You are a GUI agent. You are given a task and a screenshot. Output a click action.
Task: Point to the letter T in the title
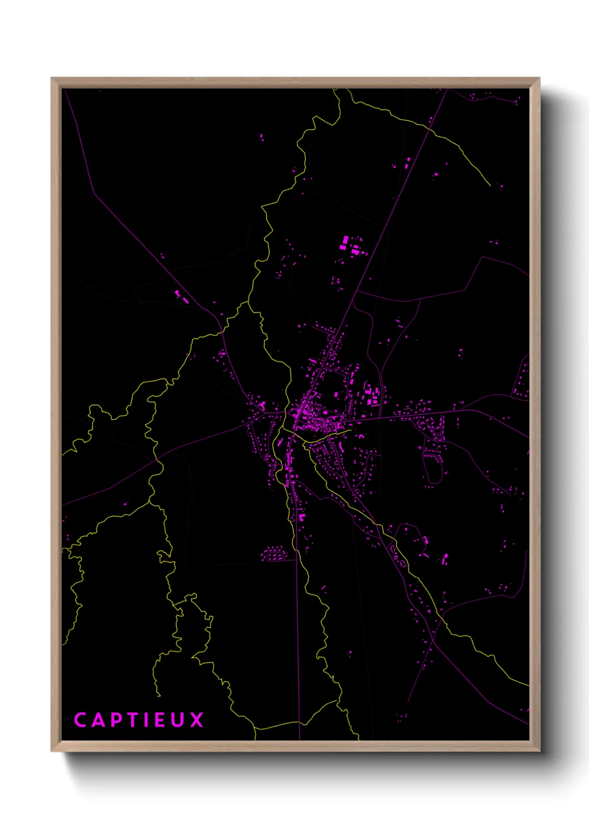pyautogui.click(x=133, y=720)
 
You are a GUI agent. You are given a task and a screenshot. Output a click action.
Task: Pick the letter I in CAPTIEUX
pyautogui.click(x=147, y=720)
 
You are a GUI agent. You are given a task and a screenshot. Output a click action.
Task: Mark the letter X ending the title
pyautogui.click(x=197, y=720)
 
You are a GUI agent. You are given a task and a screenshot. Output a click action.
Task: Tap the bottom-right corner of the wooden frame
pyautogui.click(x=539, y=751)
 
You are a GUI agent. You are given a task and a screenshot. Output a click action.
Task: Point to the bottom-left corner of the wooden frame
pyautogui.click(x=52, y=751)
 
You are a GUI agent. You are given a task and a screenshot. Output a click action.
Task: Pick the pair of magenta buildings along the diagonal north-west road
pyautogui.click(x=181, y=296)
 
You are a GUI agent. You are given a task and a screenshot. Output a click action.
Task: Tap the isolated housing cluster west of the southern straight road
pyautogui.click(x=273, y=553)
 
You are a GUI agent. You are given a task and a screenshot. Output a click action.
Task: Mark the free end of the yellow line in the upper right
pyautogui.click(x=490, y=185)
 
